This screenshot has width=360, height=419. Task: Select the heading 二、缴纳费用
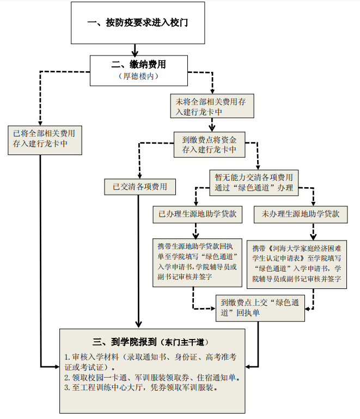[138, 64]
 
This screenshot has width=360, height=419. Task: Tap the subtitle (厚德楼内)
[138, 76]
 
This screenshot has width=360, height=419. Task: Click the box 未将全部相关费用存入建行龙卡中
[210, 106]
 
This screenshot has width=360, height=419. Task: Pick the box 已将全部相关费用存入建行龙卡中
[45, 138]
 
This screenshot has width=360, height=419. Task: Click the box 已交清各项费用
[140, 187]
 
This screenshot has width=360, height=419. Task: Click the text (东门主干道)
[184, 342]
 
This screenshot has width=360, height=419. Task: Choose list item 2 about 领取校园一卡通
[152, 377]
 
